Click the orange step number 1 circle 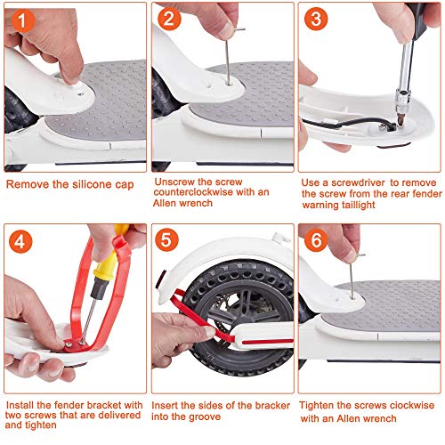click(x=23, y=20)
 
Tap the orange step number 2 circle click(x=169, y=19)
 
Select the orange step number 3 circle click(x=316, y=19)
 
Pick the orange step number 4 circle click(x=20, y=241)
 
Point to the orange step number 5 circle click(x=166, y=239)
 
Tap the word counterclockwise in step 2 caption click(x=193, y=192)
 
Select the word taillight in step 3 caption click(x=359, y=205)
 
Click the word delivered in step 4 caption click(x=119, y=415)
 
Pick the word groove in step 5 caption click(x=205, y=417)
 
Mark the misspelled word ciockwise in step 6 click(x=412, y=405)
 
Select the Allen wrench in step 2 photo click(x=230, y=55)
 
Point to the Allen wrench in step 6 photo click(x=353, y=276)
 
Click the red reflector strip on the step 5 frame click(x=267, y=341)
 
